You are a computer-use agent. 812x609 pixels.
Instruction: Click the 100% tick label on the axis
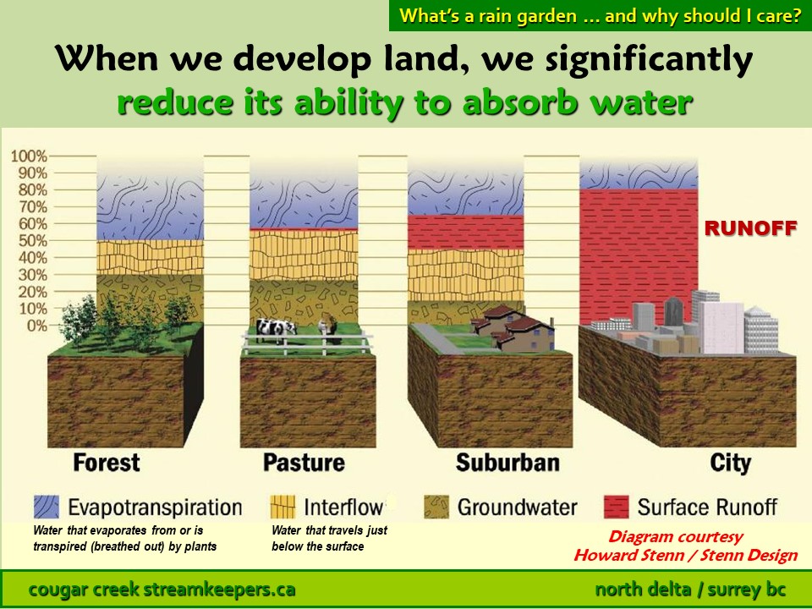[x=29, y=156]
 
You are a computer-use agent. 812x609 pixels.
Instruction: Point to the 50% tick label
[x=33, y=241]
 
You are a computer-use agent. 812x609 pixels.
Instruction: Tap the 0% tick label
[x=36, y=326]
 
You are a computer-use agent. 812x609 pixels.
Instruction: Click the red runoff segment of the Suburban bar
[x=465, y=232]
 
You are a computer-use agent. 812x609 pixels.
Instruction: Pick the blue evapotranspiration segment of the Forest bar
[x=151, y=207]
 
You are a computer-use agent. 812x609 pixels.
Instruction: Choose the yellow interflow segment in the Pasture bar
[x=304, y=255]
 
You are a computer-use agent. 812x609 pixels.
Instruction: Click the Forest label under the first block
[x=107, y=463]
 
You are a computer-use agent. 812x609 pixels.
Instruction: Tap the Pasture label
[x=304, y=463]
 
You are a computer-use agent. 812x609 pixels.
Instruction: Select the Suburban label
[x=507, y=463]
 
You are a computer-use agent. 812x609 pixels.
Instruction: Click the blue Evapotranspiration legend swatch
[x=47, y=507]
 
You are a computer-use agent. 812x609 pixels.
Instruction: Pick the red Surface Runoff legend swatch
[x=617, y=507]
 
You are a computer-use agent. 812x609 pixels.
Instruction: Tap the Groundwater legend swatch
[x=436, y=507]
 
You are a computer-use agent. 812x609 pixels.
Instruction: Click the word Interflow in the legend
[x=343, y=507]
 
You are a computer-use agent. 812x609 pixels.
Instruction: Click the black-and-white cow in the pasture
[x=276, y=329]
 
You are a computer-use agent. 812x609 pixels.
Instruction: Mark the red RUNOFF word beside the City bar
[x=750, y=228]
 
